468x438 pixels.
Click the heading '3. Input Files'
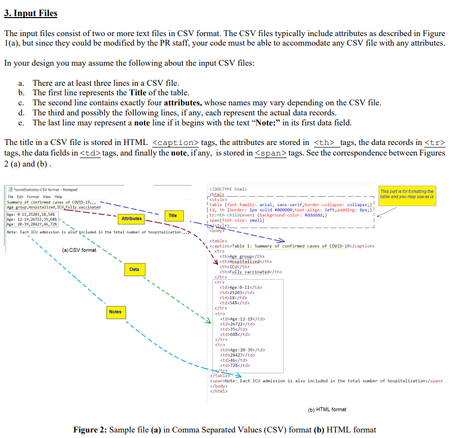point(31,14)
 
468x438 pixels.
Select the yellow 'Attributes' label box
point(132,219)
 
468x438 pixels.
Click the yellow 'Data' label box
point(135,269)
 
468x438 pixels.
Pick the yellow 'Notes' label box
point(116,312)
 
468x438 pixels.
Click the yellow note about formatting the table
point(407,195)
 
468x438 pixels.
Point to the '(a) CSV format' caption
point(79,250)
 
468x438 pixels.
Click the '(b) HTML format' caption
point(327,410)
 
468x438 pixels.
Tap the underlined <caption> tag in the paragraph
point(176,143)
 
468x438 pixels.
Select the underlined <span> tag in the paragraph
point(271,153)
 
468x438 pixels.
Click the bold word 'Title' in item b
point(138,93)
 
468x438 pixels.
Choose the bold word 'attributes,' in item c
point(183,103)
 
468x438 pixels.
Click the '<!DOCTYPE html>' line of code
point(228,189)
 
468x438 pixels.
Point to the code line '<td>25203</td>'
point(237,293)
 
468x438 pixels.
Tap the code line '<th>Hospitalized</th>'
point(246,262)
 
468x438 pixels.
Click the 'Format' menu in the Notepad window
point(33,197)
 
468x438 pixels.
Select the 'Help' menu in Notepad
point(58,197)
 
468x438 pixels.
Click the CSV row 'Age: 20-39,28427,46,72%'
point(32,224)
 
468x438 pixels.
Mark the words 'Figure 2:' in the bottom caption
point(90,430)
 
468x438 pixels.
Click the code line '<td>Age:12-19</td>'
point(243,319)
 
